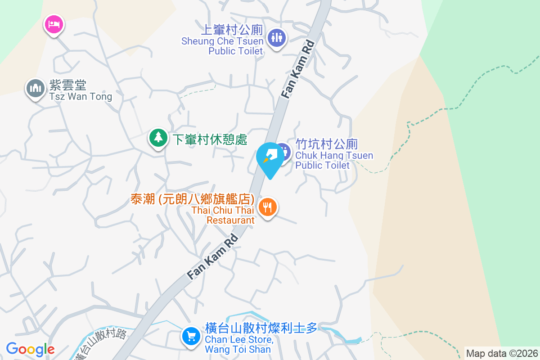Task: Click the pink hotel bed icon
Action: (54, 24)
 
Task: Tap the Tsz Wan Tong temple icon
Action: (35, 88)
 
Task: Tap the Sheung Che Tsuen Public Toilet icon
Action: (276, 38)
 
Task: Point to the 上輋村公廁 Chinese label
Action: (231, 30)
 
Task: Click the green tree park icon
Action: (158, 138)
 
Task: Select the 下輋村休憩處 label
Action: (210, 139)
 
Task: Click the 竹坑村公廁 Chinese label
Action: (326, 144)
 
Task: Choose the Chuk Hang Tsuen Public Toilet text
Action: (334, 161)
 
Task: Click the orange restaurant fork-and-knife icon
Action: (268, 207)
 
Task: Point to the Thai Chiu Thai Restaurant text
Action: (223, 215)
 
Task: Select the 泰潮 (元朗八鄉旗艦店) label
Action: (193, 199)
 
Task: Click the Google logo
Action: (30, 349)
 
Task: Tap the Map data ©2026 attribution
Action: (502, 353)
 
